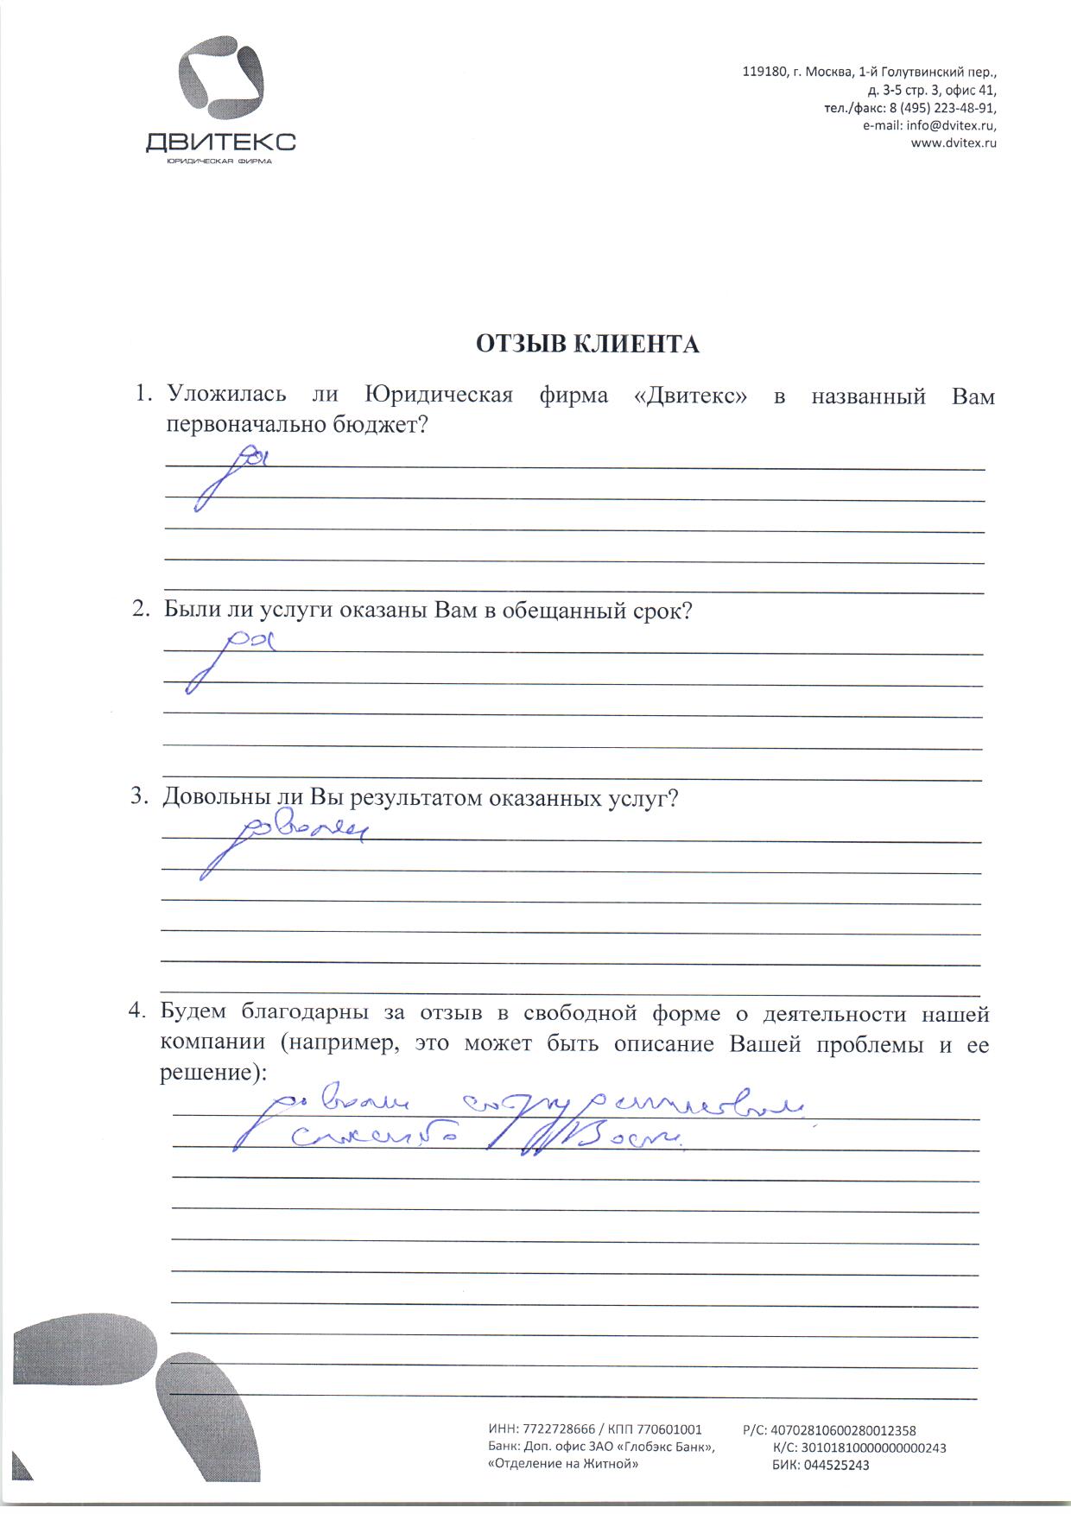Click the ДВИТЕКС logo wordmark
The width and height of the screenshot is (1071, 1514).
pyautogui.click(x=220, y=141)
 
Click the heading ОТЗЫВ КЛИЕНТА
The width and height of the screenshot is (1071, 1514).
pyautogui.click(x=587, y=345)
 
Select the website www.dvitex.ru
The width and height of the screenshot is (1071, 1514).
pyautogui.click(x=954, y=143)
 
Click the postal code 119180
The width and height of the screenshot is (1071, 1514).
pyautogui.click(x=764, y=73)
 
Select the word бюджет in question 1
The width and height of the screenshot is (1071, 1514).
pyautogui.click(x=379, y=425)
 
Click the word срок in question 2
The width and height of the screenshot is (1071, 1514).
pyautogui.click(x=662, y=611)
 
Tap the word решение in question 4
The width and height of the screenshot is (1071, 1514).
pyautogui.click(x=209, y=1073)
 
